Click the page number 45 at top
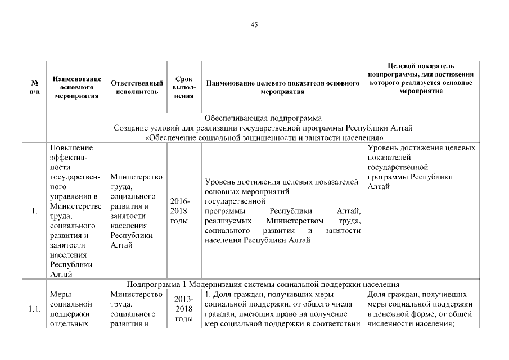[254, 25]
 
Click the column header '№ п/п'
[34, 87]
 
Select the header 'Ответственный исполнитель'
[137, 87]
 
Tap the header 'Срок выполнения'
[183, 87]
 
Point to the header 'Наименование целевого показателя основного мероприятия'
[283, 87]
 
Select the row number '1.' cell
[34, 211]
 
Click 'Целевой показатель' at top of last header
[421, 66]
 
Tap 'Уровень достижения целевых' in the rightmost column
[421, 148]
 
